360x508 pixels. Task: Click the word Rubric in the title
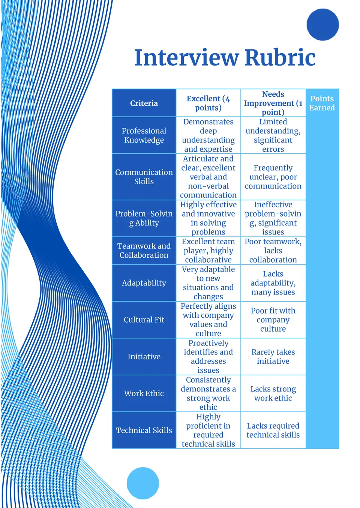tap(280, 58)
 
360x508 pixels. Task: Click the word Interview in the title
tap(187, 58)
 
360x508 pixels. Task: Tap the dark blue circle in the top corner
tap(322, 25)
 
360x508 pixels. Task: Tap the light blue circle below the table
tap(143, 483)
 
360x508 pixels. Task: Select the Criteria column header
tap(144, 103)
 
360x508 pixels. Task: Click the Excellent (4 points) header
tap(208, 103)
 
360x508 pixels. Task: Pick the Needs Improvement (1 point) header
tap(273, 103)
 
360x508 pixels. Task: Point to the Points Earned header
tap(322, 103)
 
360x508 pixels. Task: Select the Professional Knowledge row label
tap(144, 135)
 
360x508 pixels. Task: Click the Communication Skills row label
tap(144, 177)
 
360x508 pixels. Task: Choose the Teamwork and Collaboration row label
tap(144, 250)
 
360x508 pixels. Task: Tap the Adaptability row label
tap(144, 283)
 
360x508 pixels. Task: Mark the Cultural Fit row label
tap(144, 320)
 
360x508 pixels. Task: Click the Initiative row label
tap(144, 357)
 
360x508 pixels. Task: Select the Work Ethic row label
tap(144, 393)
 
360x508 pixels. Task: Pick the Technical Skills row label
tap(144, 430)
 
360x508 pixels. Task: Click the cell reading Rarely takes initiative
tap(273, 357)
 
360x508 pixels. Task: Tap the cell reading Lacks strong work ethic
tap(273, 393)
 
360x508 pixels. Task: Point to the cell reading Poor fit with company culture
tap(273, 320)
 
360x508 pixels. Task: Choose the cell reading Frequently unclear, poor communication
tap(273, 177)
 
